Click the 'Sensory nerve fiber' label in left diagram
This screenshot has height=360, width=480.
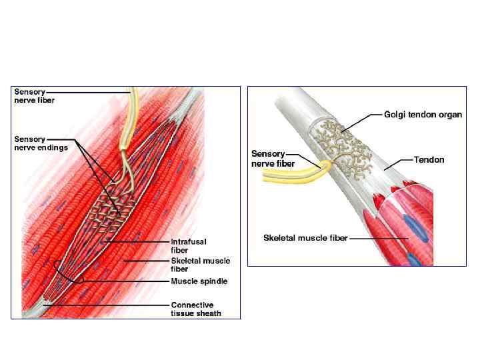coord(35,96)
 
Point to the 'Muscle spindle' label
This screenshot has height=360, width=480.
coord(199,281)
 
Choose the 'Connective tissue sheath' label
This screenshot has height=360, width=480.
coord(196,309)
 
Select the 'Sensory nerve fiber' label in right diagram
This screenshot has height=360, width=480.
coord(268,159)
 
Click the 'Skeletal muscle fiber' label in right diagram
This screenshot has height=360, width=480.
coord(305,238)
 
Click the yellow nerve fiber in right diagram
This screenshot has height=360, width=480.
coord(287,175)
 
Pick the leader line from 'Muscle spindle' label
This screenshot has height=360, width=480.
coord(127,281)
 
